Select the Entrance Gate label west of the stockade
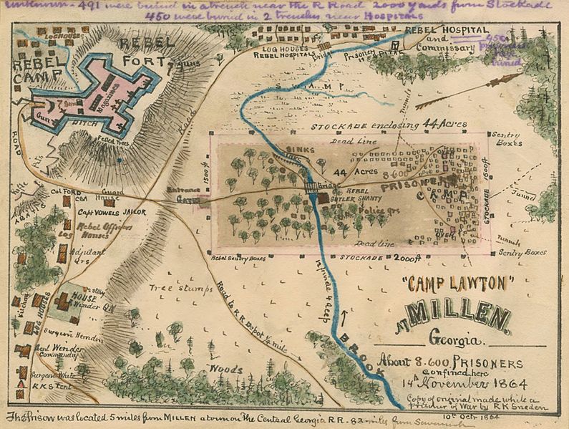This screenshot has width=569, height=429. point(183,197)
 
